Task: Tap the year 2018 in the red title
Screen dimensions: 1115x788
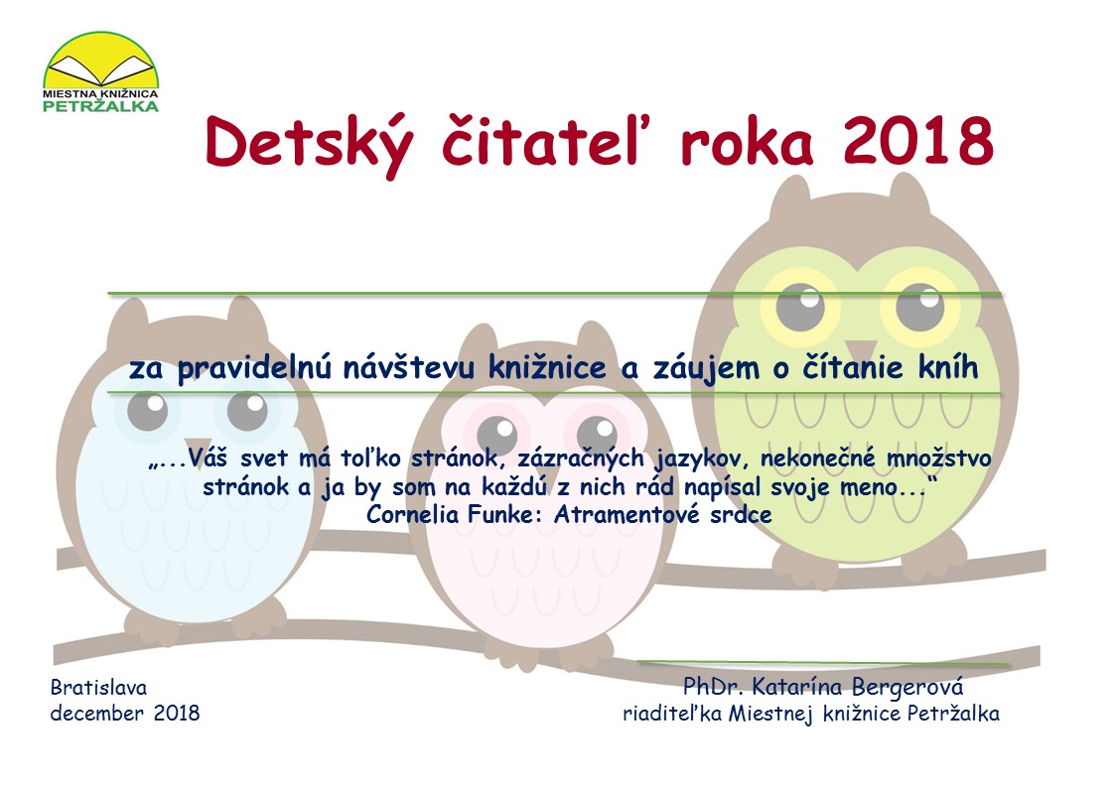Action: pyautogui.click(x=918, y=141)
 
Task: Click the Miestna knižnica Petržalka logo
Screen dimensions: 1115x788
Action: pyautogui.click(x=101, y=71)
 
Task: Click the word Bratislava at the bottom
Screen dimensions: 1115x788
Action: pyautogui.click(x=99, y=688)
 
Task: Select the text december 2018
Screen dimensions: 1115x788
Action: pyautogui.click(x=125, y=713)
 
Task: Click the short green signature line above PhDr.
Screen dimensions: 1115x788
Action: pyautogui.click(x=823, y=664)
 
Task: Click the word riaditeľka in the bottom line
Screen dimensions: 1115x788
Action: pyautogui.click(x=672, y=714)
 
